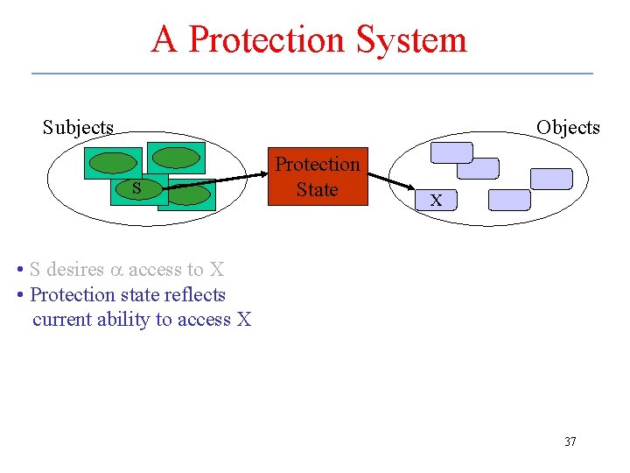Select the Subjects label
tap(79, 127)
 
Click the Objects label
tap(568, 127)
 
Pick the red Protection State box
tap(317, 176)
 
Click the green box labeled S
tap(135, 189)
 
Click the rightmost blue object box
tap(551, 179)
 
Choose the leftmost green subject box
tap(112, 163)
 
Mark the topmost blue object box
tap(451, 152)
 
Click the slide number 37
tap(570, 441)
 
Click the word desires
tap(75, 270)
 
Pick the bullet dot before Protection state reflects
tap(21, 295)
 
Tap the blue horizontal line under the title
tap(312, 73)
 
